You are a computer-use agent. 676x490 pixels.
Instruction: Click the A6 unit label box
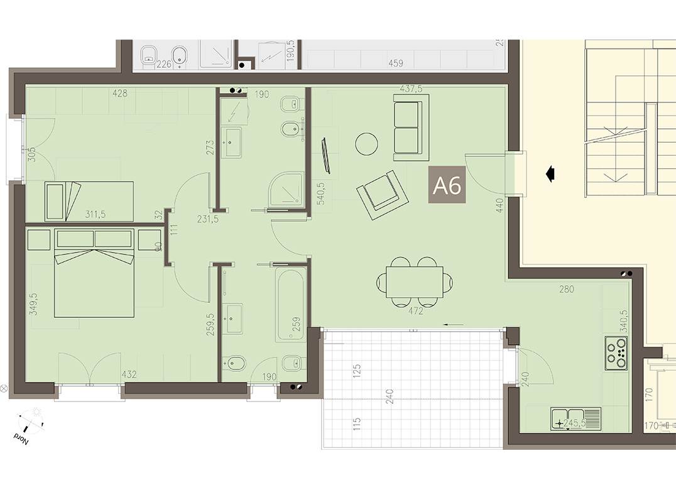447,185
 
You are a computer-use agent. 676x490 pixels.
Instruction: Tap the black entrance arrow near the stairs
550,173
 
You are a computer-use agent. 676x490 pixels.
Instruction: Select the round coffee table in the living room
367,144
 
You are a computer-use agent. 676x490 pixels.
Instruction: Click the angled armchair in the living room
382,194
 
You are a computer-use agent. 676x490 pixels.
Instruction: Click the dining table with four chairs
415,283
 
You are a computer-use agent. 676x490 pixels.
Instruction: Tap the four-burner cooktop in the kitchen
616,353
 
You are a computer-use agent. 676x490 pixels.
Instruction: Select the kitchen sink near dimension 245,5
575,418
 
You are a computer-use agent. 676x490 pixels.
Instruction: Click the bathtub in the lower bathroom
290,304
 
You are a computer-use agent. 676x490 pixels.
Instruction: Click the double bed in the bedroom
94,273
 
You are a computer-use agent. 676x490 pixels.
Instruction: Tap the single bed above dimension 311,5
89,201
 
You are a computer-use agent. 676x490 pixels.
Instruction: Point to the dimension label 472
415,311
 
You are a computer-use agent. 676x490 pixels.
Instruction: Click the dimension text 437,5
410,89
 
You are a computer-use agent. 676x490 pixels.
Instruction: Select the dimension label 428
119,94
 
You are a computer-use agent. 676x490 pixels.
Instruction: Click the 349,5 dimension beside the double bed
33,303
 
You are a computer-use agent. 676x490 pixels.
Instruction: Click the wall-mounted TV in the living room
325,155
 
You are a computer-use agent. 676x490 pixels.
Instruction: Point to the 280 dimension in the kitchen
567,290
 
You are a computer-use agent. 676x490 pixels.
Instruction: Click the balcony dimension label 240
390,397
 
